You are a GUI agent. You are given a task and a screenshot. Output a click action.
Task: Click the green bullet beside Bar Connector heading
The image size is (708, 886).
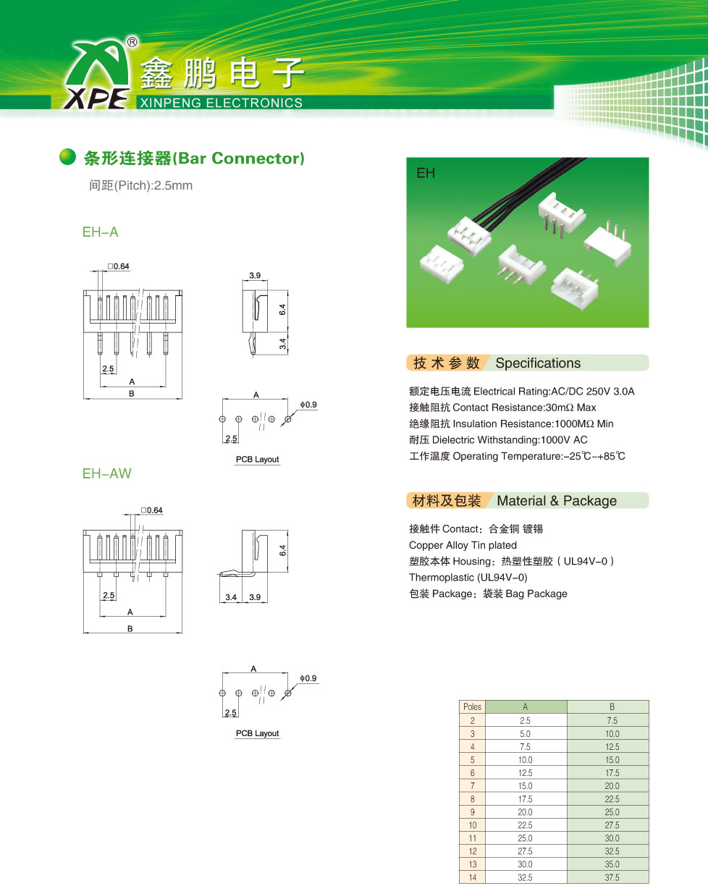pyautogui.click(x=67, y=157)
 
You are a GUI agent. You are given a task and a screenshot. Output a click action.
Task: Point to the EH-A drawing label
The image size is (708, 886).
pyautogui.click(x=100, y=232)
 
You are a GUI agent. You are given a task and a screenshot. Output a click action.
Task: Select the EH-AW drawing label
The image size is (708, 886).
pyautogui.click(x=106, y=473)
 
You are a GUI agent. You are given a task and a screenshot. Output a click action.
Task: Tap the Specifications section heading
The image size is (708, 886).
pyautogui.click(x=537, y=363)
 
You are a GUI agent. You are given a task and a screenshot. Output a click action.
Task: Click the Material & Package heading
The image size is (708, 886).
pyautogui.click(x=556, y=501)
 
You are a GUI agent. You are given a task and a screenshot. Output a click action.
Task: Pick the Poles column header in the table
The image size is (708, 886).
pyautogui.click(x=472, y=707)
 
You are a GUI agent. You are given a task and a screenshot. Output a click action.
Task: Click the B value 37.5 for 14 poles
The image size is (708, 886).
pyautogui.click(x=612, y=878)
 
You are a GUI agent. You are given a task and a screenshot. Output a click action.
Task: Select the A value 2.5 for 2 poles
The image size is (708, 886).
pyautogui.click(x=525, y=721)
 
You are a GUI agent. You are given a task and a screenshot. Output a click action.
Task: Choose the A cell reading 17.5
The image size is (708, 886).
pyautogui.click(x=525, y=799)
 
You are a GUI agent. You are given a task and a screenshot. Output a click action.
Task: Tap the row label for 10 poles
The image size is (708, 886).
pyautogui.click(x=472, y=825)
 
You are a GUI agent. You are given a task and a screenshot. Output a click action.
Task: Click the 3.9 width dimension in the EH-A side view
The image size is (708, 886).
pyautogui.click(x=255, y=277)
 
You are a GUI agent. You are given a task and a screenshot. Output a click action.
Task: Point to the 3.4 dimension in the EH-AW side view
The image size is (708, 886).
pyautogui.click(x=231, y=597)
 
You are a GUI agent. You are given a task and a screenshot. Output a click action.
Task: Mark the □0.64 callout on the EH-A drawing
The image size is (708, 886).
pyautogui.click(x=119, y=267)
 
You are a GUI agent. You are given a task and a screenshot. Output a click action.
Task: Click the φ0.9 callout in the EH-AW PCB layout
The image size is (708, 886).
pyautogui.click(x=308, y=678)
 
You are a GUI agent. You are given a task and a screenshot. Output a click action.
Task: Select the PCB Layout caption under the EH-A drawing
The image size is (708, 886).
pyautogui.click(x=257, y=460)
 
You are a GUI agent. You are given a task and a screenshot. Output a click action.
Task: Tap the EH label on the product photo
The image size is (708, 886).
pyautogui.click(x=425, y=174)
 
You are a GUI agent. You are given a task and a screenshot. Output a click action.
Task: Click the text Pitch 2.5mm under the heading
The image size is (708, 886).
pyautogui.click(x=140, y=185)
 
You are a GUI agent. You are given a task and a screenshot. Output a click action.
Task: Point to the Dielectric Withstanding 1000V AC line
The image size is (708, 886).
pyautogui.click(x=498, y=440)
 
